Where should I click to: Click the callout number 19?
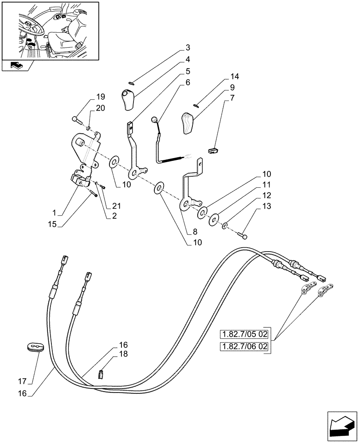(100, 97)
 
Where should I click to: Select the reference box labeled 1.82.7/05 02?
(244, 334)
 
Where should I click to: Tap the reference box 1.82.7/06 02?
(244, 346)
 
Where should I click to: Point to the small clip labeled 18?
(101, 374)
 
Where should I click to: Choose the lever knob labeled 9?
(188, 123)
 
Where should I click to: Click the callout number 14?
(235, 77)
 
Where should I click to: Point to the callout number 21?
(116, 206)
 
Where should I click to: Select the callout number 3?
(188, 47)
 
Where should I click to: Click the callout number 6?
(188, 82)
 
